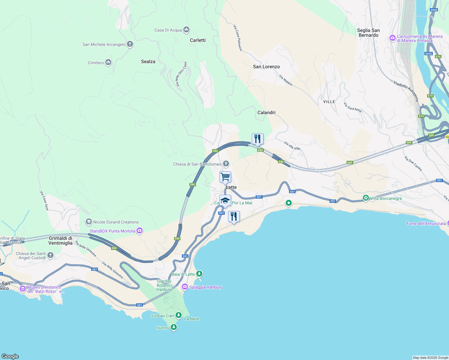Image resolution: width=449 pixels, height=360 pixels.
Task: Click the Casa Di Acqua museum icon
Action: [186, 30]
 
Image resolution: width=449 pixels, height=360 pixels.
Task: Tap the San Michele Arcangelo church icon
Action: [130, 44]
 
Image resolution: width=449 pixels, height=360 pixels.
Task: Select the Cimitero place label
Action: [96, 63]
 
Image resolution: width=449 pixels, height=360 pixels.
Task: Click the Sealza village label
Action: [148, 61]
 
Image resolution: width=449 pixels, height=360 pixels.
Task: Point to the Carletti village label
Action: [197, 40]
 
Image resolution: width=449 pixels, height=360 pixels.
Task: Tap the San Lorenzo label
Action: [266, 67]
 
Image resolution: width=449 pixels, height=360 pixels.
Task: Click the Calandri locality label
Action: [266, 112]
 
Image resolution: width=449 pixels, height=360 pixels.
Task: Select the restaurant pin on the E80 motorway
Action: [258, 139]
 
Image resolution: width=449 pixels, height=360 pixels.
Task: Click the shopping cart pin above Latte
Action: [225, 177]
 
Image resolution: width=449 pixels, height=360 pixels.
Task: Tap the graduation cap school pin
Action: [225, 200]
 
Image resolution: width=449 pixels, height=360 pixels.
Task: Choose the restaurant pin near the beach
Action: [234, 217]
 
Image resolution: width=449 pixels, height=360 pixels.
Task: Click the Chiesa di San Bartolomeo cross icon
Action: [226, 164]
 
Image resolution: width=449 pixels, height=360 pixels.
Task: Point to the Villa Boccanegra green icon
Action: [366, 198]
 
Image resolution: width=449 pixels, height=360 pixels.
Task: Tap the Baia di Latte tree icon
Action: [199, 274]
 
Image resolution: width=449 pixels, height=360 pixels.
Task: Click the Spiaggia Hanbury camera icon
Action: [185, 287]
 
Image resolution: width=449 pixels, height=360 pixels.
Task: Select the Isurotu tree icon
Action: [174, 327]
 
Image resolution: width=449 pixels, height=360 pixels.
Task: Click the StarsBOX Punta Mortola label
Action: [112, 231]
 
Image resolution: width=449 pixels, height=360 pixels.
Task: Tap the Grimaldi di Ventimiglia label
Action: [61, 241]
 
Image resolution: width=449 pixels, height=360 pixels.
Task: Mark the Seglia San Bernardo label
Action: [368, 33]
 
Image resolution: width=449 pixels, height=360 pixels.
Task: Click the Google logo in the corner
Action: [10, 356]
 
